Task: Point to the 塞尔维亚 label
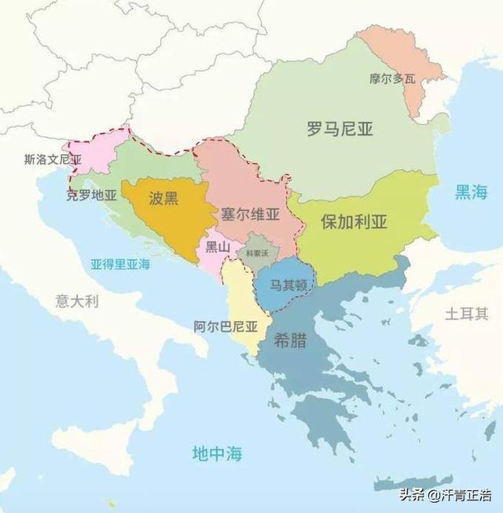250,213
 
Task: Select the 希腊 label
290,343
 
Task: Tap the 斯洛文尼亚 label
53,159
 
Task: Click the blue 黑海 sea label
471,192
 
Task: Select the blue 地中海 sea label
217,453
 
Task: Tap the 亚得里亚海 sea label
120,264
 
